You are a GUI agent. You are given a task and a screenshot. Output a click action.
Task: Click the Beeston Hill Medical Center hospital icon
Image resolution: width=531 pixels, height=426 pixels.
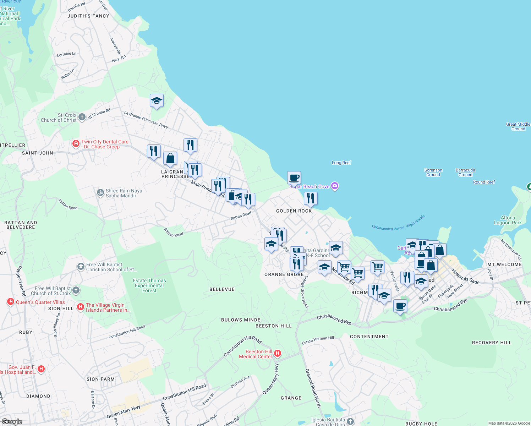pos(278,353)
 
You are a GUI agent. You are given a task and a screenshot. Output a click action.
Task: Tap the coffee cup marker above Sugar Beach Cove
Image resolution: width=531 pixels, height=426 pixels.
pos(294,177)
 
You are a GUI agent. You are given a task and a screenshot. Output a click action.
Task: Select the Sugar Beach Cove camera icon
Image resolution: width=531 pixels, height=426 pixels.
pos(334,186)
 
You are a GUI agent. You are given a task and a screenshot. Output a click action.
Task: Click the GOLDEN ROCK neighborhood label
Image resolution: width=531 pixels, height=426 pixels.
pos(294,211)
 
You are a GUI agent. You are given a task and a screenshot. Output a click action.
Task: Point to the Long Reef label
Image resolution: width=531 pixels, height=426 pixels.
pos(341,163)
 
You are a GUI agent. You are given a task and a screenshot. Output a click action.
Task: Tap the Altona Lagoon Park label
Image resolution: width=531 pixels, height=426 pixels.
pos(508,220)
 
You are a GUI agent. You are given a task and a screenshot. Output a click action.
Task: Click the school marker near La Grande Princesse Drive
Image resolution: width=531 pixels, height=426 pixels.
pos(157,101)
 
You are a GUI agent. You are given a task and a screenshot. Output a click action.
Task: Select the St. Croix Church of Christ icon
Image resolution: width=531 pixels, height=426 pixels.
pos(82,117)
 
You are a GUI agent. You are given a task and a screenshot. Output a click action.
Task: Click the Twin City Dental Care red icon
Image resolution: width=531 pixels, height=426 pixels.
pos(76,144)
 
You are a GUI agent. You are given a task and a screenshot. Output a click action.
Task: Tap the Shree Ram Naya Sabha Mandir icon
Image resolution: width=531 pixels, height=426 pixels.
pos(100,192)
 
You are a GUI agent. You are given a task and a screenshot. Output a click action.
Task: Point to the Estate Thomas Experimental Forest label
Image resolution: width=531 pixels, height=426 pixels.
pos(149,285)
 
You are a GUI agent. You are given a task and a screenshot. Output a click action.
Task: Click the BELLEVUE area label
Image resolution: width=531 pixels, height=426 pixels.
pos(222,289)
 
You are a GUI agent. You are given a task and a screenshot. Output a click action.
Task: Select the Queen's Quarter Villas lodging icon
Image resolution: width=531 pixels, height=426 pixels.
pos(11,302)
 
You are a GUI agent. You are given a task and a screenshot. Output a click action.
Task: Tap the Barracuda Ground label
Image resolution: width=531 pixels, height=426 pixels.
pos(465,173)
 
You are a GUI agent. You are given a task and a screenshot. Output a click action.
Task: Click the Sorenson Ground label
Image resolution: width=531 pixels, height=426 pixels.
pos(433,173)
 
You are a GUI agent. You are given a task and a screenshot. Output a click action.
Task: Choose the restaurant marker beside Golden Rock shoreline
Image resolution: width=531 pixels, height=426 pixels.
pos(311,198)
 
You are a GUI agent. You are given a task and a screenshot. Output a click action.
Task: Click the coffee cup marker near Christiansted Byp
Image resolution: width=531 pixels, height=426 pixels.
pos(400,306)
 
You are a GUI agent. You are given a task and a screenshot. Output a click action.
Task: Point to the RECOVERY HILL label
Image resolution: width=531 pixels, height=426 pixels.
pos(492,343)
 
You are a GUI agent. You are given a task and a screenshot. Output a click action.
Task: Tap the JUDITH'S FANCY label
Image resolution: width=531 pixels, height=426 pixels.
pos(88,16)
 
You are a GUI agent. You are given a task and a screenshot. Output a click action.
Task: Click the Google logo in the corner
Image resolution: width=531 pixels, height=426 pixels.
pos(11,422)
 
